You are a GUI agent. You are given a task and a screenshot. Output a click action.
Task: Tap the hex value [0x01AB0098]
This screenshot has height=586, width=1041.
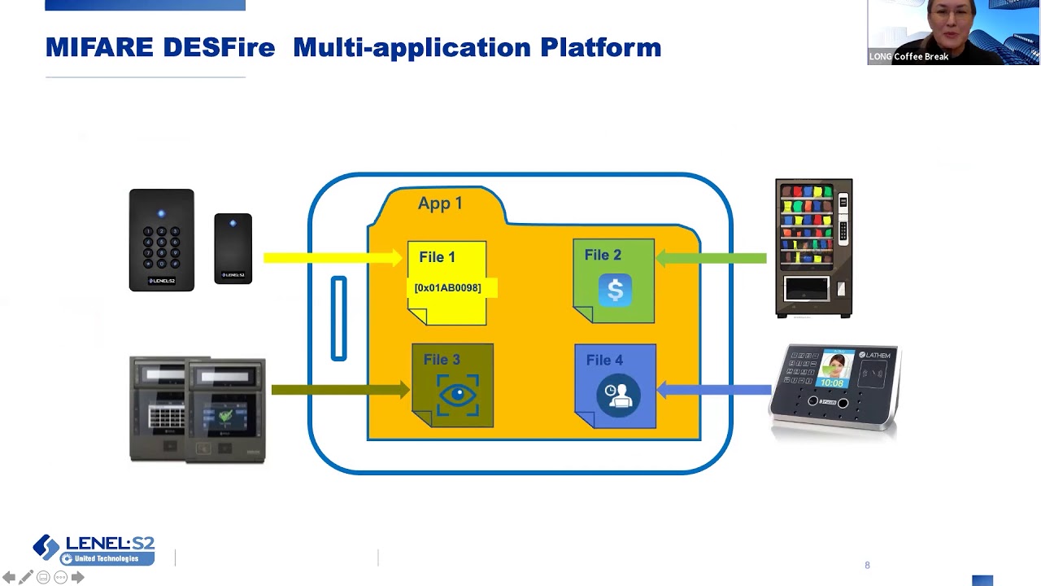(447, 288)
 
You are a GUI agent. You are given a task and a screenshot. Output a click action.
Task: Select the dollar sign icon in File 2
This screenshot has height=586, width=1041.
(615, 291)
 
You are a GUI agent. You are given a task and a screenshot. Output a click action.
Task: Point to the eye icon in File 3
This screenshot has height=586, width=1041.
(458, 395)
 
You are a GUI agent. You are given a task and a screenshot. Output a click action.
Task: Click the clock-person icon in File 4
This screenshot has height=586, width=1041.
(617, 396)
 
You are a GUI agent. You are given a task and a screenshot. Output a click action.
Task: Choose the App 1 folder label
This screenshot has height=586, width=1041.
(440, 203)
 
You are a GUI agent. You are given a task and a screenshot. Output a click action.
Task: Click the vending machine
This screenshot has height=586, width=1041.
(813, 247)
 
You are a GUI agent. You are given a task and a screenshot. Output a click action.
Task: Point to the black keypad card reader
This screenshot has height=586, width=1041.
(161, 240)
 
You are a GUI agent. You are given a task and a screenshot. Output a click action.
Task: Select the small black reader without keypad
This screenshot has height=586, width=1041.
(233, 248)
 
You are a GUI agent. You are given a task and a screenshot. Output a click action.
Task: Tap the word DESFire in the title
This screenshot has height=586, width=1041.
(218, 47)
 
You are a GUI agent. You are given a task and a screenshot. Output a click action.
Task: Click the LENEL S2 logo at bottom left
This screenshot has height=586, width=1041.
(94, 549)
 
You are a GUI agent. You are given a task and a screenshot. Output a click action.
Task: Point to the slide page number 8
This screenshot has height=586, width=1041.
(867, 565)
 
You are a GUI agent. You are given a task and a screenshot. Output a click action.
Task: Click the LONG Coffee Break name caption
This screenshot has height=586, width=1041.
(909, 56)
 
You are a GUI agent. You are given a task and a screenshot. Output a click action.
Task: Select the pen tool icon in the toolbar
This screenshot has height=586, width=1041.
(26, 577)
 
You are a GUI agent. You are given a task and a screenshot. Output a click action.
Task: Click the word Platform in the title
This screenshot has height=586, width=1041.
(600, 47)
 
